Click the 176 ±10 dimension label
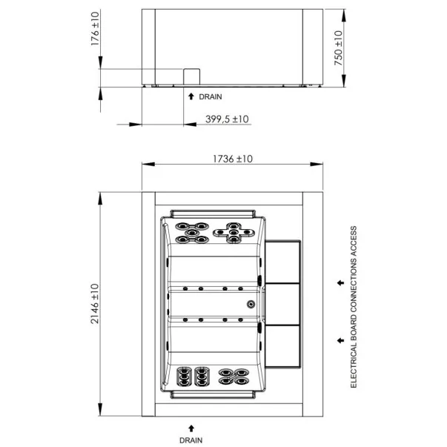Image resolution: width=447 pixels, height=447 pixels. [95, 28]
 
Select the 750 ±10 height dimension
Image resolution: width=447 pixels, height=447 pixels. [338, 48]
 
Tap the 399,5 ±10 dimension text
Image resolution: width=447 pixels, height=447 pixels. [227, 119]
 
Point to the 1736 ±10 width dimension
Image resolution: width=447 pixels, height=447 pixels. [233, 159]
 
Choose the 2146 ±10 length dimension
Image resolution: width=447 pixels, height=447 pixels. [95, 304]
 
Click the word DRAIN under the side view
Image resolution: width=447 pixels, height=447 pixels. [211, 97]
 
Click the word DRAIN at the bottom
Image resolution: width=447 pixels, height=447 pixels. [191, 440]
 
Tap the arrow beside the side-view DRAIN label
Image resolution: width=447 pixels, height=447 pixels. [191, 96]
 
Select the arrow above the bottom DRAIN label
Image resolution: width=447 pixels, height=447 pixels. [191, 428]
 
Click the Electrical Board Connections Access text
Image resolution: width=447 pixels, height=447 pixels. [354, 307]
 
